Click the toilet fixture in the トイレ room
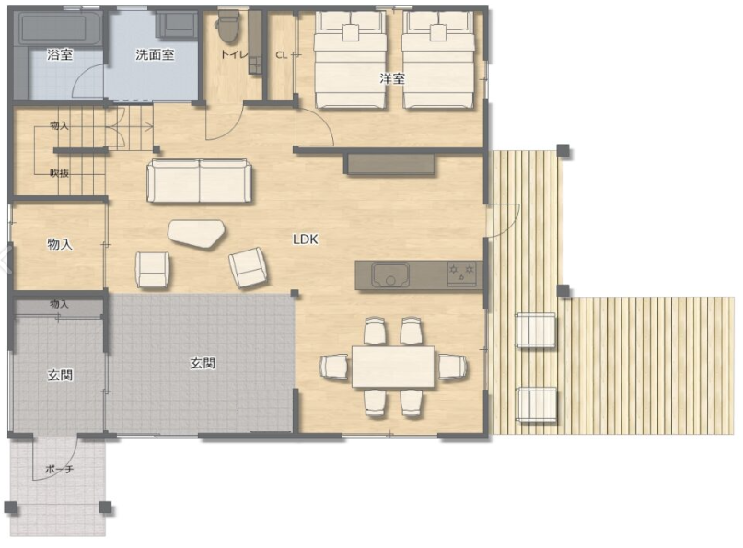pos(228,27)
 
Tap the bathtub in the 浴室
pos(60,29)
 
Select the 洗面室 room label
pos(155,55)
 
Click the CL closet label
pos(281,55)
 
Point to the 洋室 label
pos(392,78)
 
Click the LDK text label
pos(305,239)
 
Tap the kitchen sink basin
pos(390,275)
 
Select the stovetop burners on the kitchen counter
pos(461,274)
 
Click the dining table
pos(393,367)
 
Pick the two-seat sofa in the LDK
pos(199,181)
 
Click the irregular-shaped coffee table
pos(196,233)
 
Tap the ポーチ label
pos(59,470)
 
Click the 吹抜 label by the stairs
pos(59,173)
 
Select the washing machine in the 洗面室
pos(176,25)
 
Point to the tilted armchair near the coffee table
pos(249,267)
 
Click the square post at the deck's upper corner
pos(563,151)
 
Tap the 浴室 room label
pos(60,54)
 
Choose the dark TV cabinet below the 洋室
pos(391,164)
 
